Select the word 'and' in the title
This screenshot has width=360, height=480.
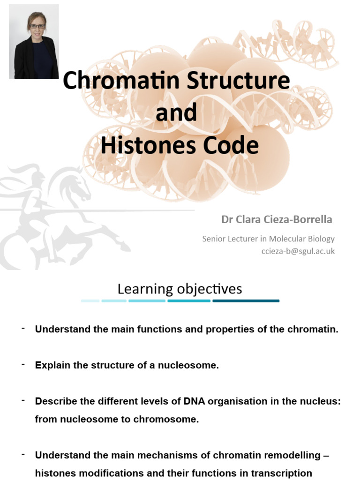tap(176, 113)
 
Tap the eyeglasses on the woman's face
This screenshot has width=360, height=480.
tap(37, 26)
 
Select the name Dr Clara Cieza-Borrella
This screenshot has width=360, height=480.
tap(277, 219)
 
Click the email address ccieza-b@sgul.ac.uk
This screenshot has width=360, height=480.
tap(298, 251)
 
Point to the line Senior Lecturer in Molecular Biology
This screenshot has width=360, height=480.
tap(269, 239)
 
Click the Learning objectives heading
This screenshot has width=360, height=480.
tap(180, 289)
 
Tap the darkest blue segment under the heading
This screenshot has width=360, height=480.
tap(246, 301)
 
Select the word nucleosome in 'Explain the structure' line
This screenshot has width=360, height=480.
tap(192, 365)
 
